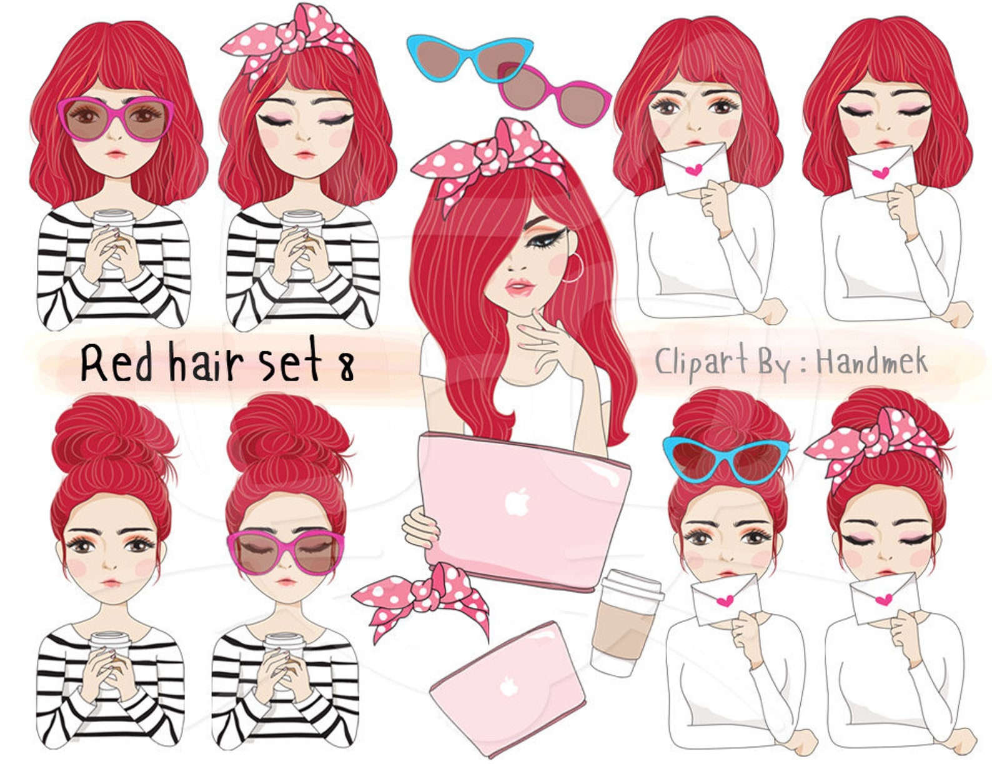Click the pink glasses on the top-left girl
click(x=116, y=118)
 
